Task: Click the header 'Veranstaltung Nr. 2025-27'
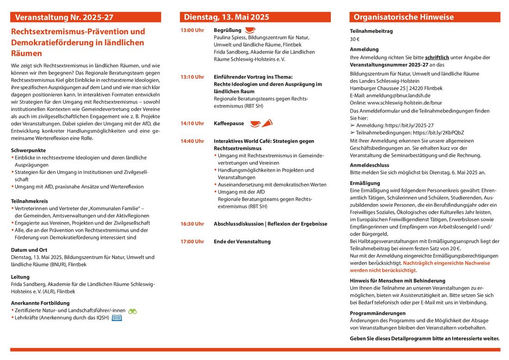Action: pos(64,18)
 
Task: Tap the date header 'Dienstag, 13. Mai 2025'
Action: pos(226,17)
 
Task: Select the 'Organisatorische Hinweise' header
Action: pos(403,17)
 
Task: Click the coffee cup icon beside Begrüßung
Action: pos(250,30)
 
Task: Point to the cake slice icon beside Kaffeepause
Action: pos(267,123)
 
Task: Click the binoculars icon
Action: pos(132,311)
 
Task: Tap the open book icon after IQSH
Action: pos(117,318)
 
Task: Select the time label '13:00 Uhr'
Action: pos(192,31)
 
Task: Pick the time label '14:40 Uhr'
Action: pos(192,141)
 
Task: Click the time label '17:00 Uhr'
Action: pos(192,242)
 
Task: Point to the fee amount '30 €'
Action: pos(354,39)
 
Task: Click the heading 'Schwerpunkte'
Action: pos(28,150)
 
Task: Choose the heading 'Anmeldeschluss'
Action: pos(369,165)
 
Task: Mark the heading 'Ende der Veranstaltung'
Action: pos(242,242)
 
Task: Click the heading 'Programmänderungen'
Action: pos(378,313)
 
